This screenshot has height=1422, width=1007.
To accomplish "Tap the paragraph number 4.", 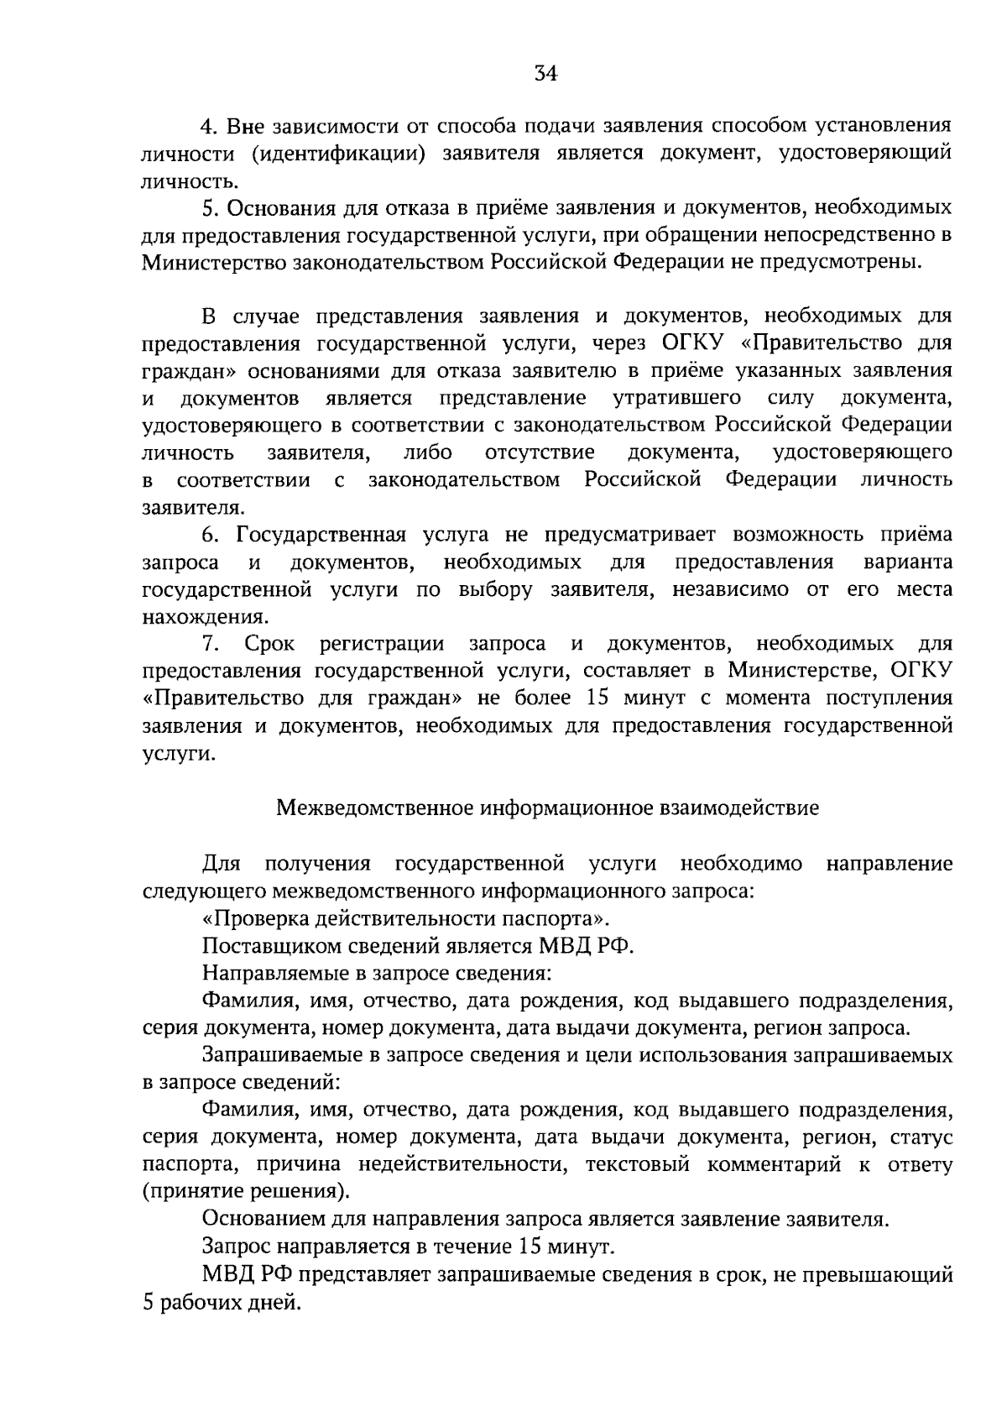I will click(x=209, y=127).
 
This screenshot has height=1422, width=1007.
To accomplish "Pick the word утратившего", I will click(x=676, y=397).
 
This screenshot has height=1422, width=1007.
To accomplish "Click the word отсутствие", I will click(x=540, y=452).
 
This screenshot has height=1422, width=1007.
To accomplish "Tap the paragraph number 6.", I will click(x=209, y=535).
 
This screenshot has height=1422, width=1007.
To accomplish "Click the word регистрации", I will click(x=382, y=644).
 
